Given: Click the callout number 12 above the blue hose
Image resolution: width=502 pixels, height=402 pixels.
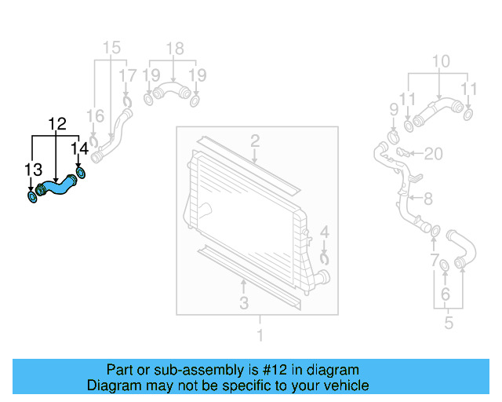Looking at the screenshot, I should tap(56, 124).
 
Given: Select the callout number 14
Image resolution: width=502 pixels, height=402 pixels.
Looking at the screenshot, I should tap(79, 148).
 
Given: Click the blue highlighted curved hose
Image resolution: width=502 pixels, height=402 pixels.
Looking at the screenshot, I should tap(56, 187).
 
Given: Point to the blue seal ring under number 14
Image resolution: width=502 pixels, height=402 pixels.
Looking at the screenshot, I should tap(80, 173).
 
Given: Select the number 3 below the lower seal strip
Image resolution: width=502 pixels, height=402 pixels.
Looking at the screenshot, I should tap(244, 303).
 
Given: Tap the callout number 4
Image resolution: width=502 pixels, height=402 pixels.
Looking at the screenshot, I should tap(325, 232).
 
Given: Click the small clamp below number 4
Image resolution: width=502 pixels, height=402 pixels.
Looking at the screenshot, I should tap(326, 257).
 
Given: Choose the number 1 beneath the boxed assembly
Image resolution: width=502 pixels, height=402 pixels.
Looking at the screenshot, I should tap(260, 336).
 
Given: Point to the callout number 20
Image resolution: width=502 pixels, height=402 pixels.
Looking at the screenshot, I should tap(434, 152).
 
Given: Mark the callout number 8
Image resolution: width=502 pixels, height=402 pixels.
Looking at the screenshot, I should tap(427, 199).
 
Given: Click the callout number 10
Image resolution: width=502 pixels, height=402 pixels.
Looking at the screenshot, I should tap(441, 60).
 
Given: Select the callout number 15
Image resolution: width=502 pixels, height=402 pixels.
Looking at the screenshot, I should tap(112, 47).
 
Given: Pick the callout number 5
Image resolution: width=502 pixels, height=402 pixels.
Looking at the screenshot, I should tap(449, 322).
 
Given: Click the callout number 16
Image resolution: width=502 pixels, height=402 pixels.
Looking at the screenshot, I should tap(94, 116).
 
